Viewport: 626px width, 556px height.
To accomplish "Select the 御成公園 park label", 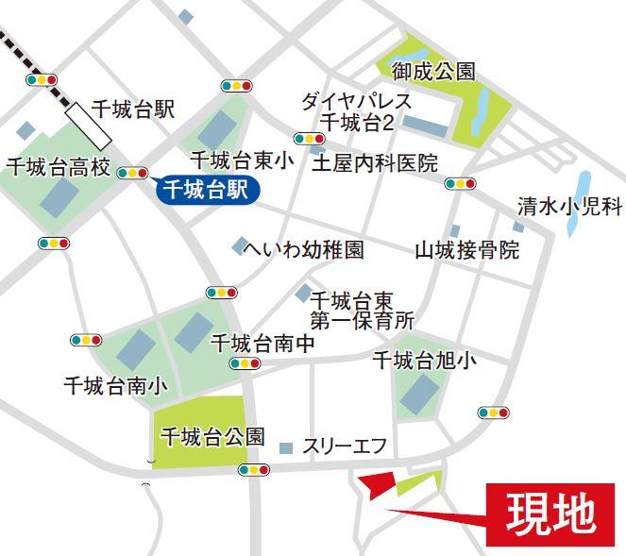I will [434, 72].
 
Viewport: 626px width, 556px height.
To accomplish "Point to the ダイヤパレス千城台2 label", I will [356, 112].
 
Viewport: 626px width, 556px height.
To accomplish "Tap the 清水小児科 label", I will [570, 206].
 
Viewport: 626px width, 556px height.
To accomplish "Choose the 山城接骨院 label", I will [467, 251].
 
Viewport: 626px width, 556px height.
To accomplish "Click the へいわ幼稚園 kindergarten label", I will [303, 250].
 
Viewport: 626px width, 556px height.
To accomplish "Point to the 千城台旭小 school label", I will [425, 360].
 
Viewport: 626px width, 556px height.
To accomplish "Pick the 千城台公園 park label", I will [212, 437].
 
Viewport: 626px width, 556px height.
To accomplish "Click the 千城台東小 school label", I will [242, 160].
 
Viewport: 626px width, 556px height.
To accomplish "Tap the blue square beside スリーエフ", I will [286, 446].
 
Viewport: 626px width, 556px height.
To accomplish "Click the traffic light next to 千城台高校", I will [133, 173].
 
